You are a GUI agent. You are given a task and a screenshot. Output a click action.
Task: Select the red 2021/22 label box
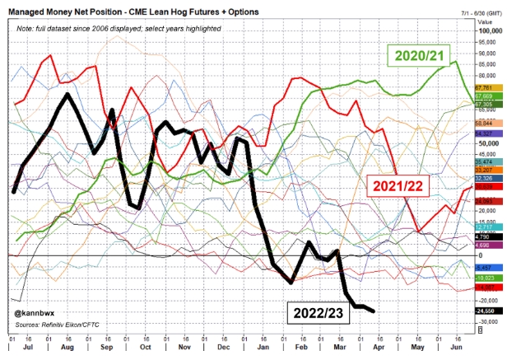pyautogui.click(x=398, y=186)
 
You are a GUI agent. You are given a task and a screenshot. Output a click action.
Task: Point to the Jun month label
pyautogui.click(x=452, y=349)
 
